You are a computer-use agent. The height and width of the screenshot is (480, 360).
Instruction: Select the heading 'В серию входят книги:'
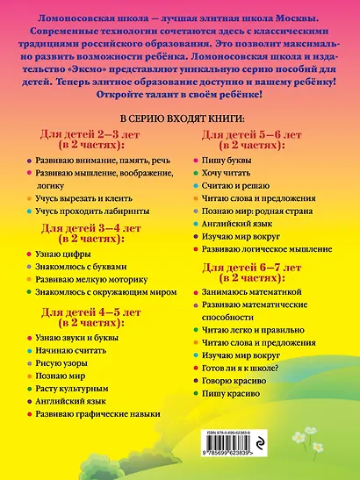(x=180, y=117)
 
